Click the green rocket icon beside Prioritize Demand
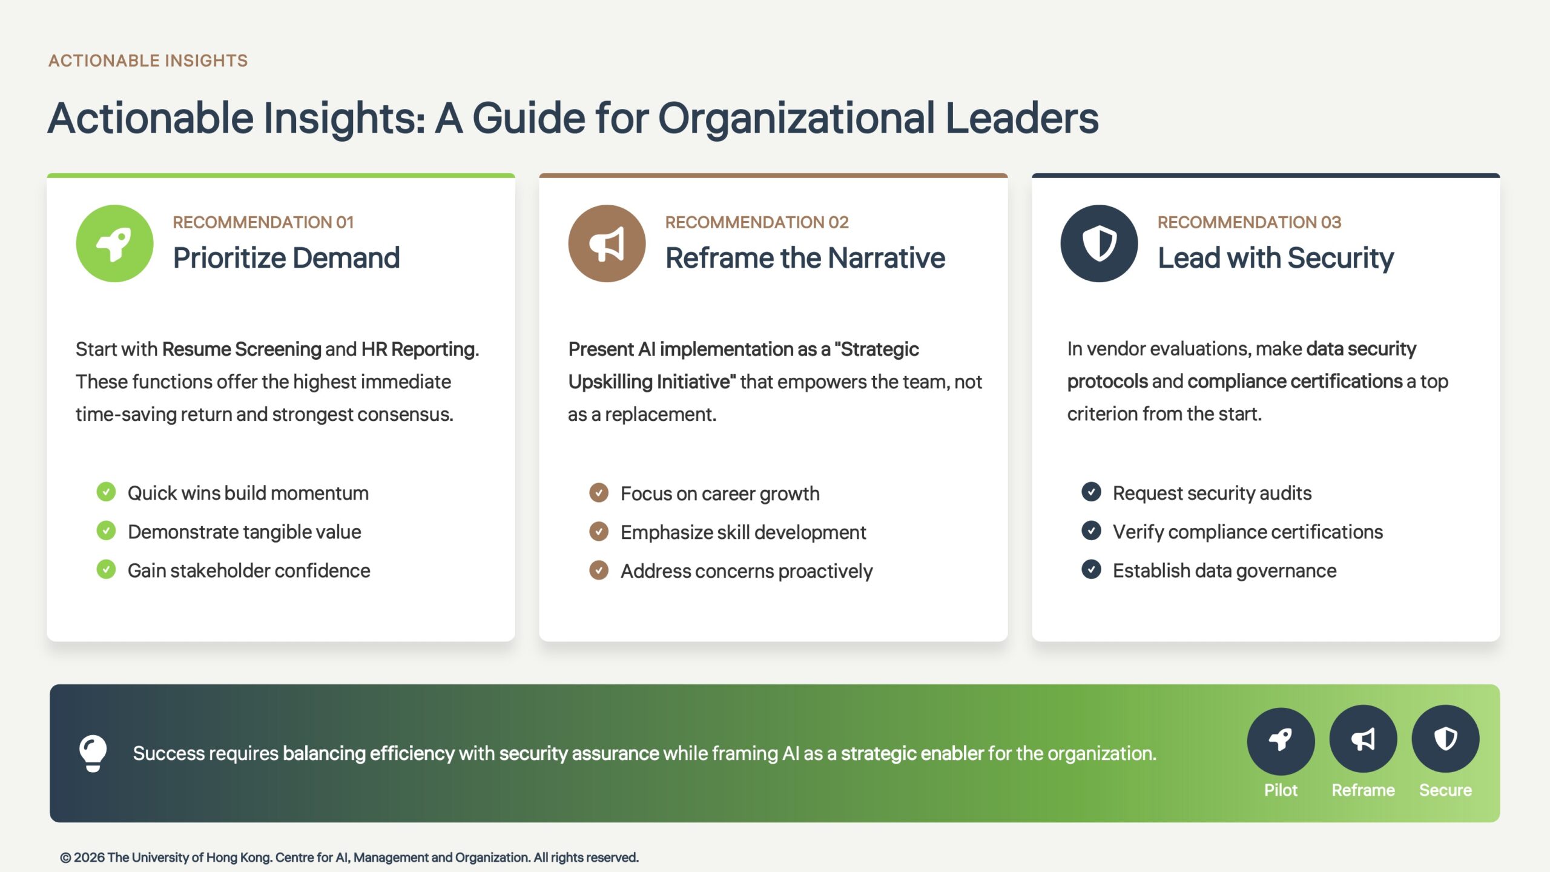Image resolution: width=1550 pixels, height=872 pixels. pos(114,243)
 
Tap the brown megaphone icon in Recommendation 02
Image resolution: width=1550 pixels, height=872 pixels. pos(607,243)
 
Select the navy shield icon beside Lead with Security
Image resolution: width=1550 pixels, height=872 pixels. pos(1099,243)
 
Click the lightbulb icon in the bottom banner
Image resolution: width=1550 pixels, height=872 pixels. pos(93,753)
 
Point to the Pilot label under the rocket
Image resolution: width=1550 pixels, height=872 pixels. pos(1281,790)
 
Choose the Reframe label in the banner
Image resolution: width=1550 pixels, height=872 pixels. pos(1363,790)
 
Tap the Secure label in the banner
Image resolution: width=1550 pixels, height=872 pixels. pos(1445,790)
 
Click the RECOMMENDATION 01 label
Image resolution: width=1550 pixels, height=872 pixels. pos(263,222)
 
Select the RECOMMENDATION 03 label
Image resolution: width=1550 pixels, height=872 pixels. pos(1249,222)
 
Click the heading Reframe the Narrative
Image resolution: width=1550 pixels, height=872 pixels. pos(805,258)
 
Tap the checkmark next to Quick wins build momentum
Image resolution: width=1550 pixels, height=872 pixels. pos(106,492)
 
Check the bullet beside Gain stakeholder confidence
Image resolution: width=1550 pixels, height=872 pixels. pos(106,569)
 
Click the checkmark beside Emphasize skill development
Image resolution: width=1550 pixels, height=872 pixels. pos(599,531)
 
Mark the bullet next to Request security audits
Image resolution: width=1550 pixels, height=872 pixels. pos(1091,492)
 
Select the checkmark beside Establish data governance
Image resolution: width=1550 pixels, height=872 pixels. pos(1091,569)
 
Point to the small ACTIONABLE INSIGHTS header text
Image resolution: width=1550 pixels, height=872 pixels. pos(148,61)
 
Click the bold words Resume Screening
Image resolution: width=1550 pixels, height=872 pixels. pos(242,349)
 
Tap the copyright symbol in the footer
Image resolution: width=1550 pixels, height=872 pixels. pos(65,857)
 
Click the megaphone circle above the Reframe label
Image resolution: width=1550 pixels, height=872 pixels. pos(1363,739)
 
